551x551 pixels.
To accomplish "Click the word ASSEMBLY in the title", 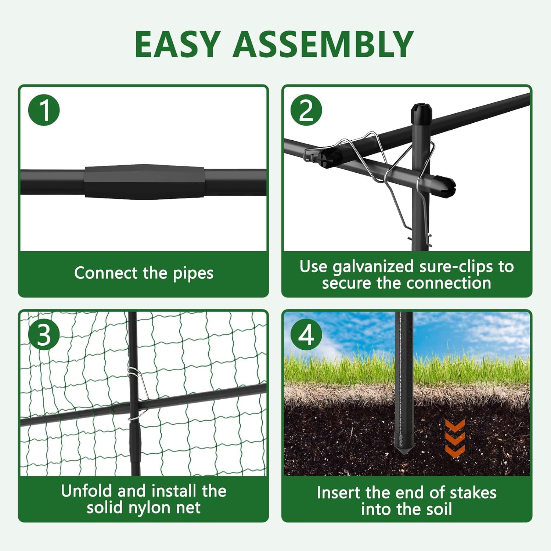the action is click(x=324, y=44).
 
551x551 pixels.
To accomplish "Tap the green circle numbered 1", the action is click(x=44, y=110).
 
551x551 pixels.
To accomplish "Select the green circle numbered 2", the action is click(x=306, y=110).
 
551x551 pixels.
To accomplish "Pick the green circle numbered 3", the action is click(x=44, y=335).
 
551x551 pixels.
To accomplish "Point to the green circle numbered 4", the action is click(x=306, y=335).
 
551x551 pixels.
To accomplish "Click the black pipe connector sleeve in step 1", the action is click(x=144, y=182).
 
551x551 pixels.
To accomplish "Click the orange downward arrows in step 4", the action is click(x=455, y=438).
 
